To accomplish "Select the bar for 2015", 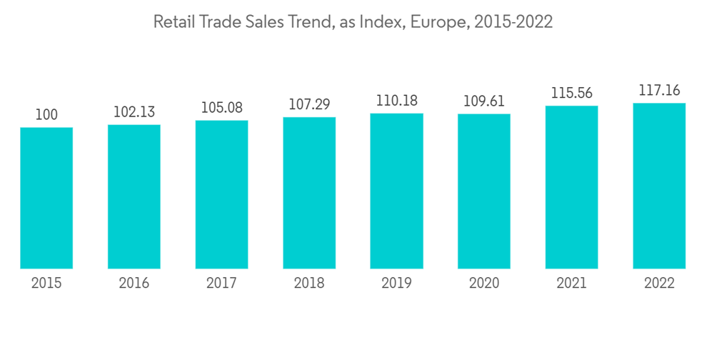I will (46, 198).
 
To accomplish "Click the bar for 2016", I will (134, 196).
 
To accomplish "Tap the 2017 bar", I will (221, 194).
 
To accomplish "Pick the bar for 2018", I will (309, 193).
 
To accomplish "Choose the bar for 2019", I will (396, 191).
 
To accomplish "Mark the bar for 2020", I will (484, 191).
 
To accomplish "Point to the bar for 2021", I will (571, 187).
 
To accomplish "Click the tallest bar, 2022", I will (659, 186).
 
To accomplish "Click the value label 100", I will (46, 114).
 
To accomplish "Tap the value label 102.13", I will (134, 112).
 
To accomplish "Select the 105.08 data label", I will (221, 108).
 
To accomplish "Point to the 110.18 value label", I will (396, 101).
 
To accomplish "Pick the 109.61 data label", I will (484, 101).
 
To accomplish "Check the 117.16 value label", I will (659, 91).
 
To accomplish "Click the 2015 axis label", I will (46, 284).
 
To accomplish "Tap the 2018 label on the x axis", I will (309, 284).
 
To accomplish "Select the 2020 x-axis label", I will (484, 284).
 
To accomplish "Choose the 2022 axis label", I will (659, 284).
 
